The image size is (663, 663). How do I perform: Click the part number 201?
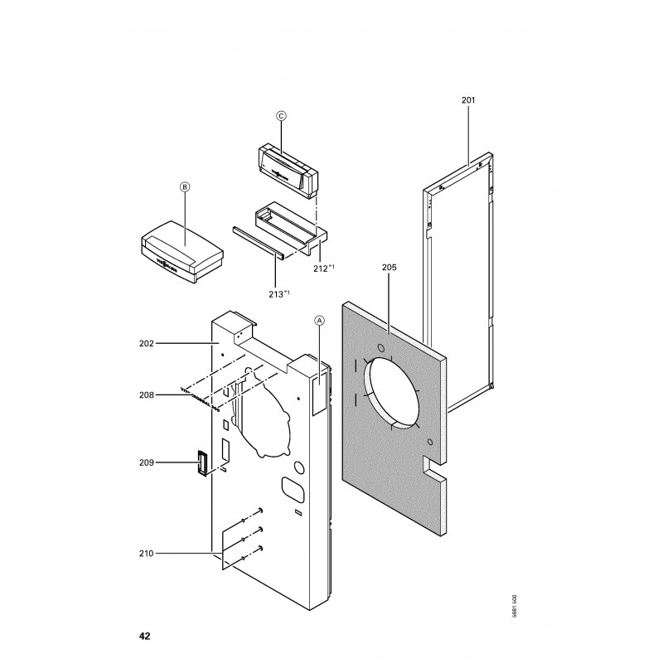click(467, 100)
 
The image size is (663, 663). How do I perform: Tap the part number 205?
click(390, 268)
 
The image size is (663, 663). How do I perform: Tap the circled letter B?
click(185, 188)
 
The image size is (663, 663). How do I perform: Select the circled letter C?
click(280, 117)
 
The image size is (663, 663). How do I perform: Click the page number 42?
click(145, 637)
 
